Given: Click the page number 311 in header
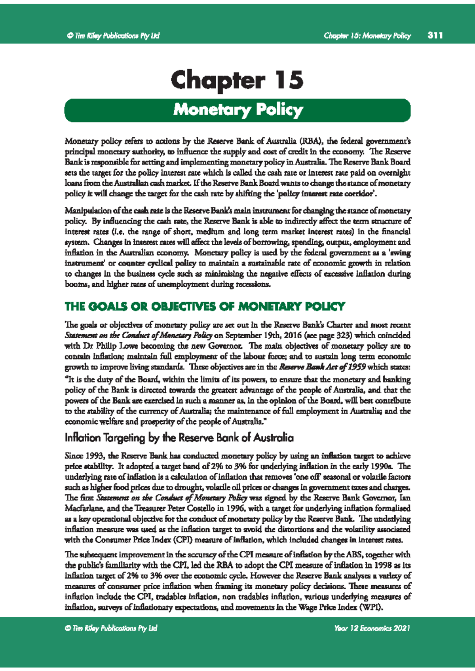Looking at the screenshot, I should pos(435,36).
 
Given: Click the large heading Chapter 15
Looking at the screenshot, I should pos(237,80).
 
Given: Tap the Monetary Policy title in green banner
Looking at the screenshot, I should pos(238,110).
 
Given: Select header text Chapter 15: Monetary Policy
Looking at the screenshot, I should pos(367,36).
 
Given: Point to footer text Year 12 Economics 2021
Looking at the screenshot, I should pos(372,628).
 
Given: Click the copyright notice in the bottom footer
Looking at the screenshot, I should pos(111,628).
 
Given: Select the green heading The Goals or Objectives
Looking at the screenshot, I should pos(205,307).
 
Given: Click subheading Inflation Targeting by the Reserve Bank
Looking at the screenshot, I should pos(179,438).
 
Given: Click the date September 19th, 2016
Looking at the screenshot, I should pos(260,335).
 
